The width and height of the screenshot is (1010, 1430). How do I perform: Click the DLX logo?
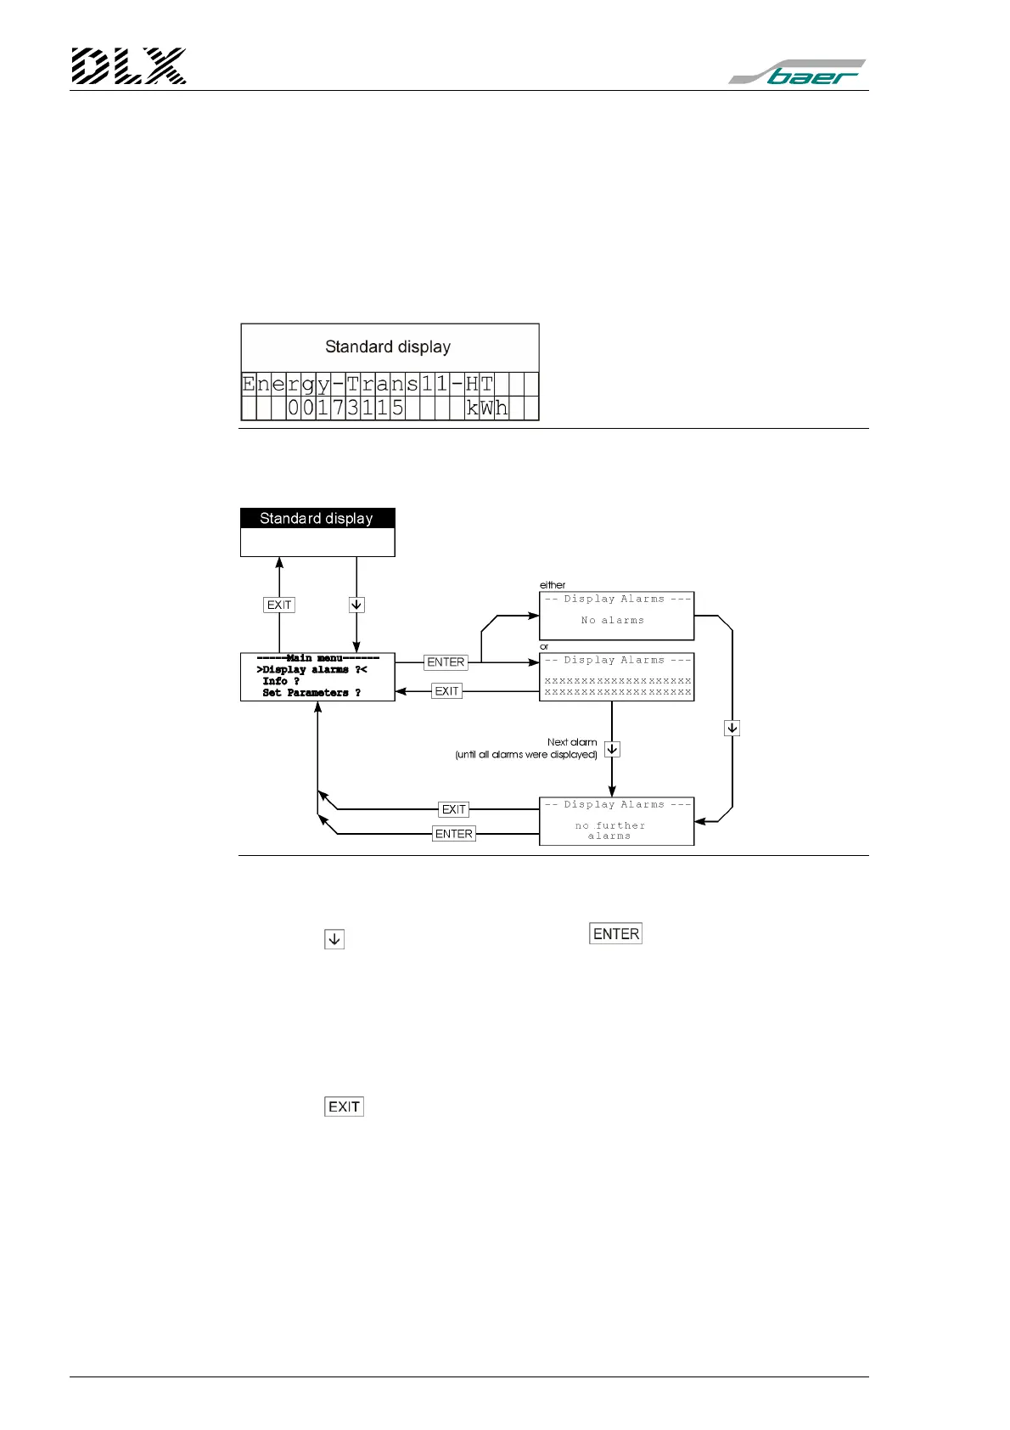click(x=128, y=66)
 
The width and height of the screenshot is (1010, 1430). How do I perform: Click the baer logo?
click(x=798, y=72)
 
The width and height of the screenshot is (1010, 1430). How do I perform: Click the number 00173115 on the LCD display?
click(x=345, y=408)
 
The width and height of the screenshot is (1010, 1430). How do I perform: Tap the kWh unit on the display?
click(x=486, y=408)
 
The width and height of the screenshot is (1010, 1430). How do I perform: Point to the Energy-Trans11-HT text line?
click(x=368, y=384)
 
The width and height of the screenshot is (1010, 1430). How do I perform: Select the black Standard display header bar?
click(x=317, y=518)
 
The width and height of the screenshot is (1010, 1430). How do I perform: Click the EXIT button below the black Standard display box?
click(x=279, y=605)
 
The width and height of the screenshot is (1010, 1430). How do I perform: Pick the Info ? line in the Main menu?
click(x=280, y=681)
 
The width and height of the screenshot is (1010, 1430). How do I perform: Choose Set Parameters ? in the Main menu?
click(x=311, y=693)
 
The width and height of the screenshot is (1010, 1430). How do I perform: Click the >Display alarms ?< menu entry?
click(x=311, y=670)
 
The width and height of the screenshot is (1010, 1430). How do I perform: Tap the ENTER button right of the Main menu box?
click(x=446, y=662)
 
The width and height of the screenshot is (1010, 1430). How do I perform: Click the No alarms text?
click(x=612, y=621)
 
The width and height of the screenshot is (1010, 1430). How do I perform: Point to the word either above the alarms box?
click(x=553, y=585)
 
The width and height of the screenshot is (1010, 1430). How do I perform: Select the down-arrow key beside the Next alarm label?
click(x=612, y=749)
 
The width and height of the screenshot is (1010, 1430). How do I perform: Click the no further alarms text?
click(x=610, y=830)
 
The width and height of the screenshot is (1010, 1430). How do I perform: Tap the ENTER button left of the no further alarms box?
click(x=454, y=834)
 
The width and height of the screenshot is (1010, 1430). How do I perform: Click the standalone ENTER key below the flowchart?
click(x=616, y=934)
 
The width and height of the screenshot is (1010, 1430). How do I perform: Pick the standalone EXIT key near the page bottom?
click(x=344, y=1106)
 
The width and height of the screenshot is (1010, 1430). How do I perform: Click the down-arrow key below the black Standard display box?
click(x=356, y=605)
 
